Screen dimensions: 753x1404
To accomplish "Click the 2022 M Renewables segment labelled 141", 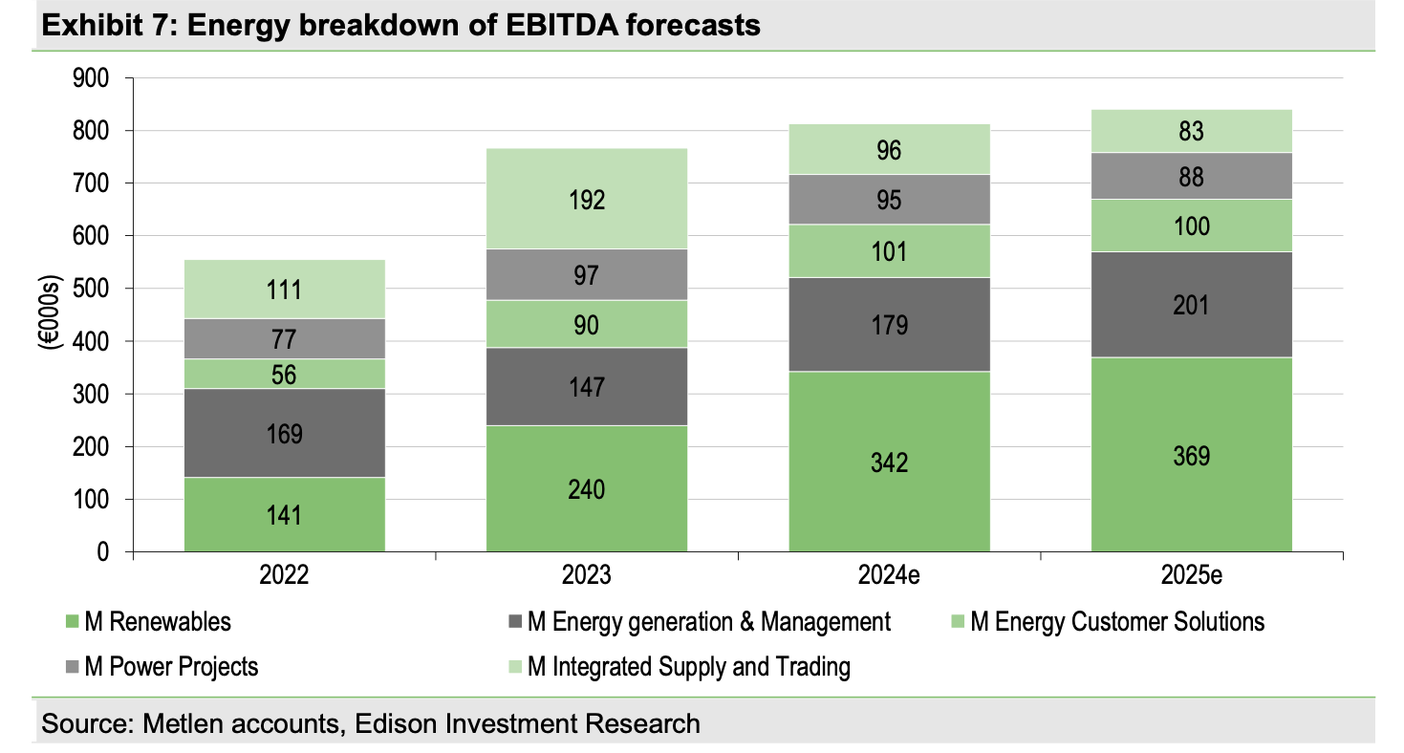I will coord(285,514).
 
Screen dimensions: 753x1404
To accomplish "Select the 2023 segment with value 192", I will coord(586,199).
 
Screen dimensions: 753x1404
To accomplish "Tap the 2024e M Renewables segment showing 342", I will coord(889,462).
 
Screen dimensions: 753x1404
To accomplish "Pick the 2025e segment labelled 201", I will coord(1191,305).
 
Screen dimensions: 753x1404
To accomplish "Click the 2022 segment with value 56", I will coord(285,374).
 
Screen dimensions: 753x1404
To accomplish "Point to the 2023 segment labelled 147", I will coord(586,386).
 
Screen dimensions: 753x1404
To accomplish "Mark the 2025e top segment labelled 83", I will coord(1191,131).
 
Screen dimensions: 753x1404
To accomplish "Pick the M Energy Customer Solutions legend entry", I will coord(1116,622).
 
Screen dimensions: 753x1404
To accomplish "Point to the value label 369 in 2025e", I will coord(1191,456).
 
